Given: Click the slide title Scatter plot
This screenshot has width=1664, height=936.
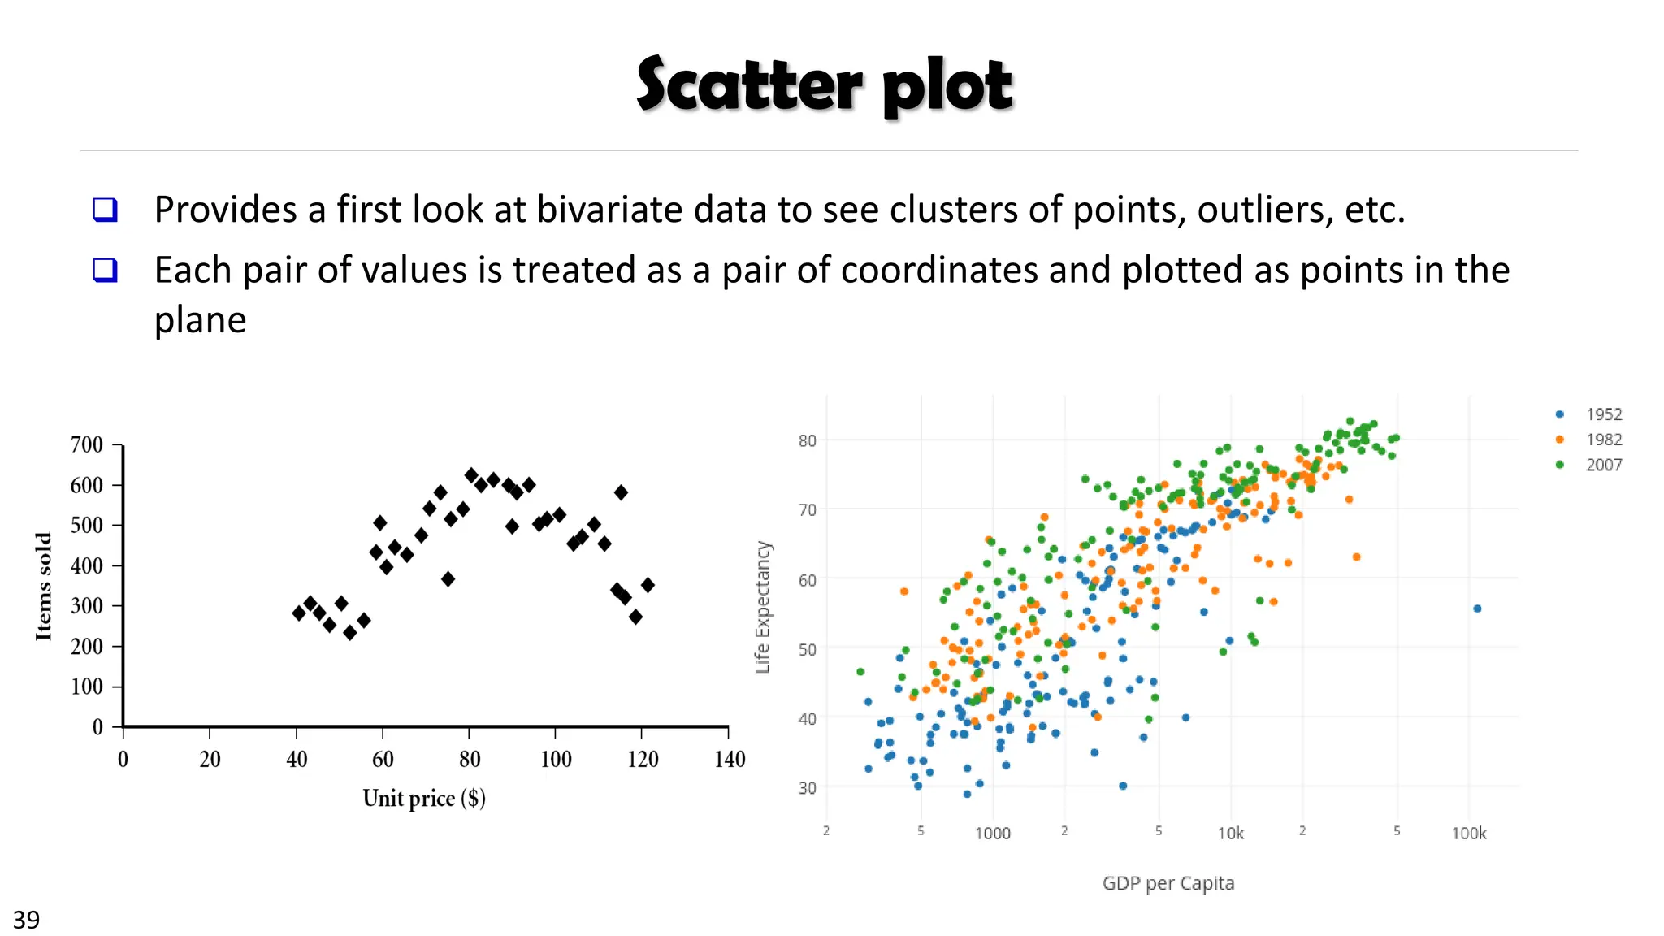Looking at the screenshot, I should [824, 84].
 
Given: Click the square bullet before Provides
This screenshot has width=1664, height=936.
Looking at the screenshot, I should [106, 210].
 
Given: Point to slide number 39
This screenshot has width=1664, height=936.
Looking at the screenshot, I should [26, 919].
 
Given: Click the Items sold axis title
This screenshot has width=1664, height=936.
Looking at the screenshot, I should [44, 586].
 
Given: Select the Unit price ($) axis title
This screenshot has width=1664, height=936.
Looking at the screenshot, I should [424, 798].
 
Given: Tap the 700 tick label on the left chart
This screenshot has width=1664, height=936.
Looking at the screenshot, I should [87, 444].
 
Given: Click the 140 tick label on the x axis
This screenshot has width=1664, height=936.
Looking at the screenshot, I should [729, 759].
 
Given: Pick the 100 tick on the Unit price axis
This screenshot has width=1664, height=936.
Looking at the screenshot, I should [556, 759].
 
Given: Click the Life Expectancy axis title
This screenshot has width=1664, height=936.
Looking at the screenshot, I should [762, 607].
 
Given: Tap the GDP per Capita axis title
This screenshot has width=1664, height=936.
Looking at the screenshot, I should [1168, 883].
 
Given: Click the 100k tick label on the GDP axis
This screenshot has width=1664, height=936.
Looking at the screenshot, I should [1468, 833].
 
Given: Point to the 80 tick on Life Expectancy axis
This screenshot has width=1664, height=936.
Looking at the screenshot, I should [807, 440].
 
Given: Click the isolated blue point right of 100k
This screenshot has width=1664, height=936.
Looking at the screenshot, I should [1477, 609].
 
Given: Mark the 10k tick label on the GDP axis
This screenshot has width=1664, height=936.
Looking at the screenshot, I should [1230, 833].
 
